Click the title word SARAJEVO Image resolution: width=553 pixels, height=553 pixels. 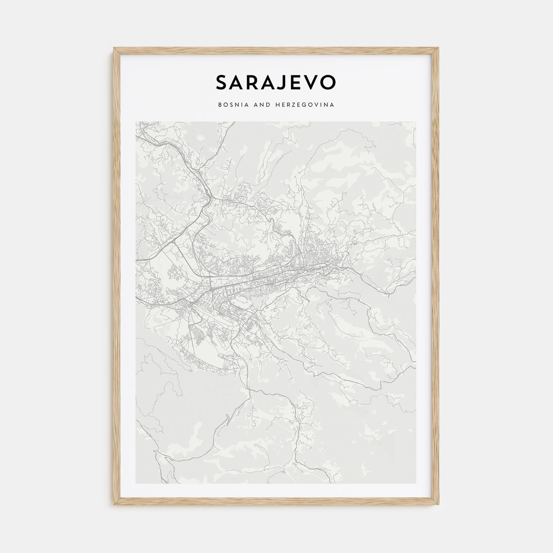click(x=276, y=82)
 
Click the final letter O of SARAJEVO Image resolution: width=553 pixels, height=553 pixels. click(x=329, y=82)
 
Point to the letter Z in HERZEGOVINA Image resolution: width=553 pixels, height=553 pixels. click(x=288, y=105)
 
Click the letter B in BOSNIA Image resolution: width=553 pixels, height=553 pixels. click(x=219, y=105)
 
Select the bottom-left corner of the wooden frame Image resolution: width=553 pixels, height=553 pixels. click(x=115, y=505)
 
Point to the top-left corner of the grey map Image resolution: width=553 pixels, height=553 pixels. click(x=136, y=122)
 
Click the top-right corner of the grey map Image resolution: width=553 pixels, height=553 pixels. click(x=416, y=122)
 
